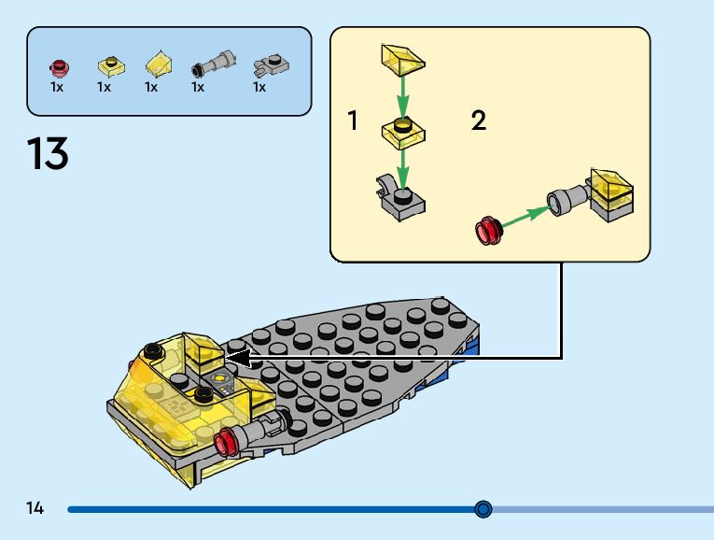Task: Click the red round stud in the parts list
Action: [58, 66]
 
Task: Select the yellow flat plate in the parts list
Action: [109, 66]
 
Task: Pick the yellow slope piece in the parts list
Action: [158, 65]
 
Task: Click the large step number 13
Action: [48, 153]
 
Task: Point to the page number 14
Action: [35, 509]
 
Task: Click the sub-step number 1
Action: [353, 121]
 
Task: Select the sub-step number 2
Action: [479, 121]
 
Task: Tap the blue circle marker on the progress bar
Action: [483, 509]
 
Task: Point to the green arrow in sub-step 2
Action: [525, 214]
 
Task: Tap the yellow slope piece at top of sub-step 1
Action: [402, 59]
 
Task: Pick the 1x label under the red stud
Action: [57, 87]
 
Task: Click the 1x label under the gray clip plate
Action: [259, 87]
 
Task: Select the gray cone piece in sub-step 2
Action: [566, 200]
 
